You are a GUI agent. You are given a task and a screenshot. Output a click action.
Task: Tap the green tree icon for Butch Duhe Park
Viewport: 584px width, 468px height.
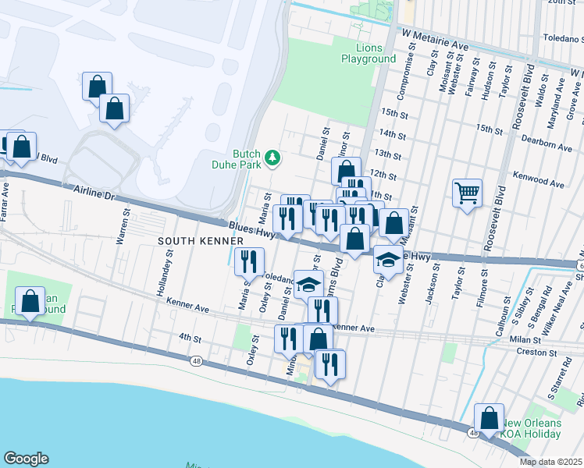point(272,158)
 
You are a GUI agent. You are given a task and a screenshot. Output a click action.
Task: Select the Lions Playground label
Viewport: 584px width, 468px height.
point(369,54)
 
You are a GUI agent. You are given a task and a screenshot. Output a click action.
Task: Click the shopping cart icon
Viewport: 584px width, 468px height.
point(467,193)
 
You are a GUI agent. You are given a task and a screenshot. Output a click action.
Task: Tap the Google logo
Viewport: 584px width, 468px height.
point(26,459)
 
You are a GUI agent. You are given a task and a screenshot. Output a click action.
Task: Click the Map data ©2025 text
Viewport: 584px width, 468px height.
point(550,462)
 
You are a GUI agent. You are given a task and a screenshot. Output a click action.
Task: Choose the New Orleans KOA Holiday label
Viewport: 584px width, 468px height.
point(531,428)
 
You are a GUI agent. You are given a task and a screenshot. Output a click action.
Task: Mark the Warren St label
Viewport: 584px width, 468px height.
point(123,227)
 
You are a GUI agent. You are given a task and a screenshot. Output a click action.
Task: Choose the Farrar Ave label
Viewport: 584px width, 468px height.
point(5,201)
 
